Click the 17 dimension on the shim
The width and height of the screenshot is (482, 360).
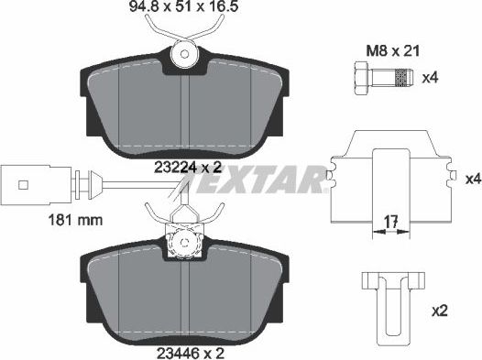pyautogui.click(x=389, y=221)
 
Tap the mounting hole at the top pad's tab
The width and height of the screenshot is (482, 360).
pyautogui.click(x=186, y=53)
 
